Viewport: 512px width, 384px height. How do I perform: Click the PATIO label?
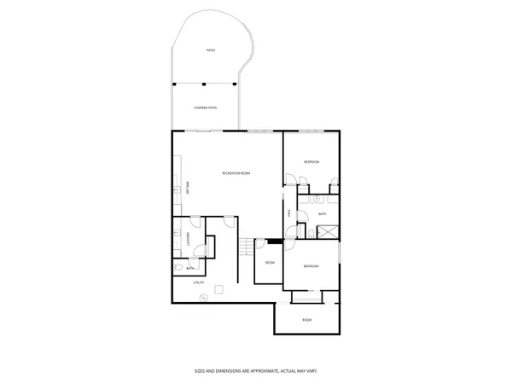pyautogui.click(x=210, y=50)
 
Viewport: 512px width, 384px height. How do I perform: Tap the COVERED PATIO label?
pyautogui.click(x=204, y=108)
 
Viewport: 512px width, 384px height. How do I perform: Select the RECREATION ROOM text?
pyautogui.click(x=236, y=174)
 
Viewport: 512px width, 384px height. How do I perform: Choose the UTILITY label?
pyautogui.click(x=198, y=282)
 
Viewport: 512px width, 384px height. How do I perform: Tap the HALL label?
pyautogui.click(x=289, y=214)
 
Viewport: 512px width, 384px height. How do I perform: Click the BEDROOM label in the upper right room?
pyautogui.click(x=312, y=161)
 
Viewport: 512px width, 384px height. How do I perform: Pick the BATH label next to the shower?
pyautogui.click(x=323, y=214)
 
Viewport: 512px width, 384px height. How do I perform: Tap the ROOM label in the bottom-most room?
pyautogui.click(x=307, y=320)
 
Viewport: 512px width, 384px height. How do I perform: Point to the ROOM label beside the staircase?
pyautogui.click(x=269, y=262)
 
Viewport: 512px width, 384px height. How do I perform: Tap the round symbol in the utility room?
pyautogui.click(x=203, y=298)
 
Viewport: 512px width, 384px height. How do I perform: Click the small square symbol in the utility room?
pyautogui.click(x=220, y=289)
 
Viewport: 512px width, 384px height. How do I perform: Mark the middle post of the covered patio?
pyautogui.click(x=205, y=84)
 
